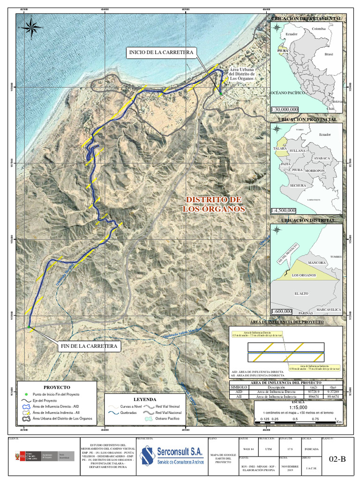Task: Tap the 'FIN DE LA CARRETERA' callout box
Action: coord(89,346)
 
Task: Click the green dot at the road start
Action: coord(220,94)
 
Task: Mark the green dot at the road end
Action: coord(29,326)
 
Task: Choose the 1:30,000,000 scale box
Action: coord(284,109)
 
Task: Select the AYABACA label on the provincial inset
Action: coord(322,158)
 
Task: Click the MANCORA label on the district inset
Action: coord(316,263)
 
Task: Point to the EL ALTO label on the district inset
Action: coord(301,293)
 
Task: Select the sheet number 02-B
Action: coord(337,459)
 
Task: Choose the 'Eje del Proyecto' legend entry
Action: coord(45,401)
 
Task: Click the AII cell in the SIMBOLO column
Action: coord(239,396)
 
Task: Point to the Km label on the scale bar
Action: coord(339,422)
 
